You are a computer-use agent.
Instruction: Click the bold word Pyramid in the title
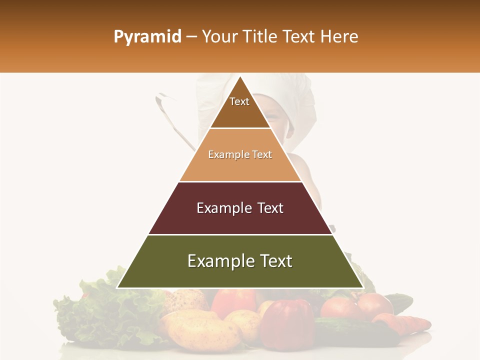tap(147, 37)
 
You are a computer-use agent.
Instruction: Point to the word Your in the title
tap(219, 37)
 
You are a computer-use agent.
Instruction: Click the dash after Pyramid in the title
tap(191, 37)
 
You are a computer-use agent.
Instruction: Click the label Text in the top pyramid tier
tap(239, 101)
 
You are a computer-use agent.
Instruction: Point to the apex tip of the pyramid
tap(240, 77)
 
